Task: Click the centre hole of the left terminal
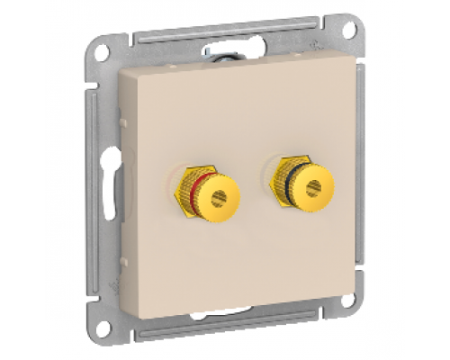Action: [220, 196]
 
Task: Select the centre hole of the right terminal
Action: [313, 189]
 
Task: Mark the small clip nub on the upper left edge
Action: [121, 118]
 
